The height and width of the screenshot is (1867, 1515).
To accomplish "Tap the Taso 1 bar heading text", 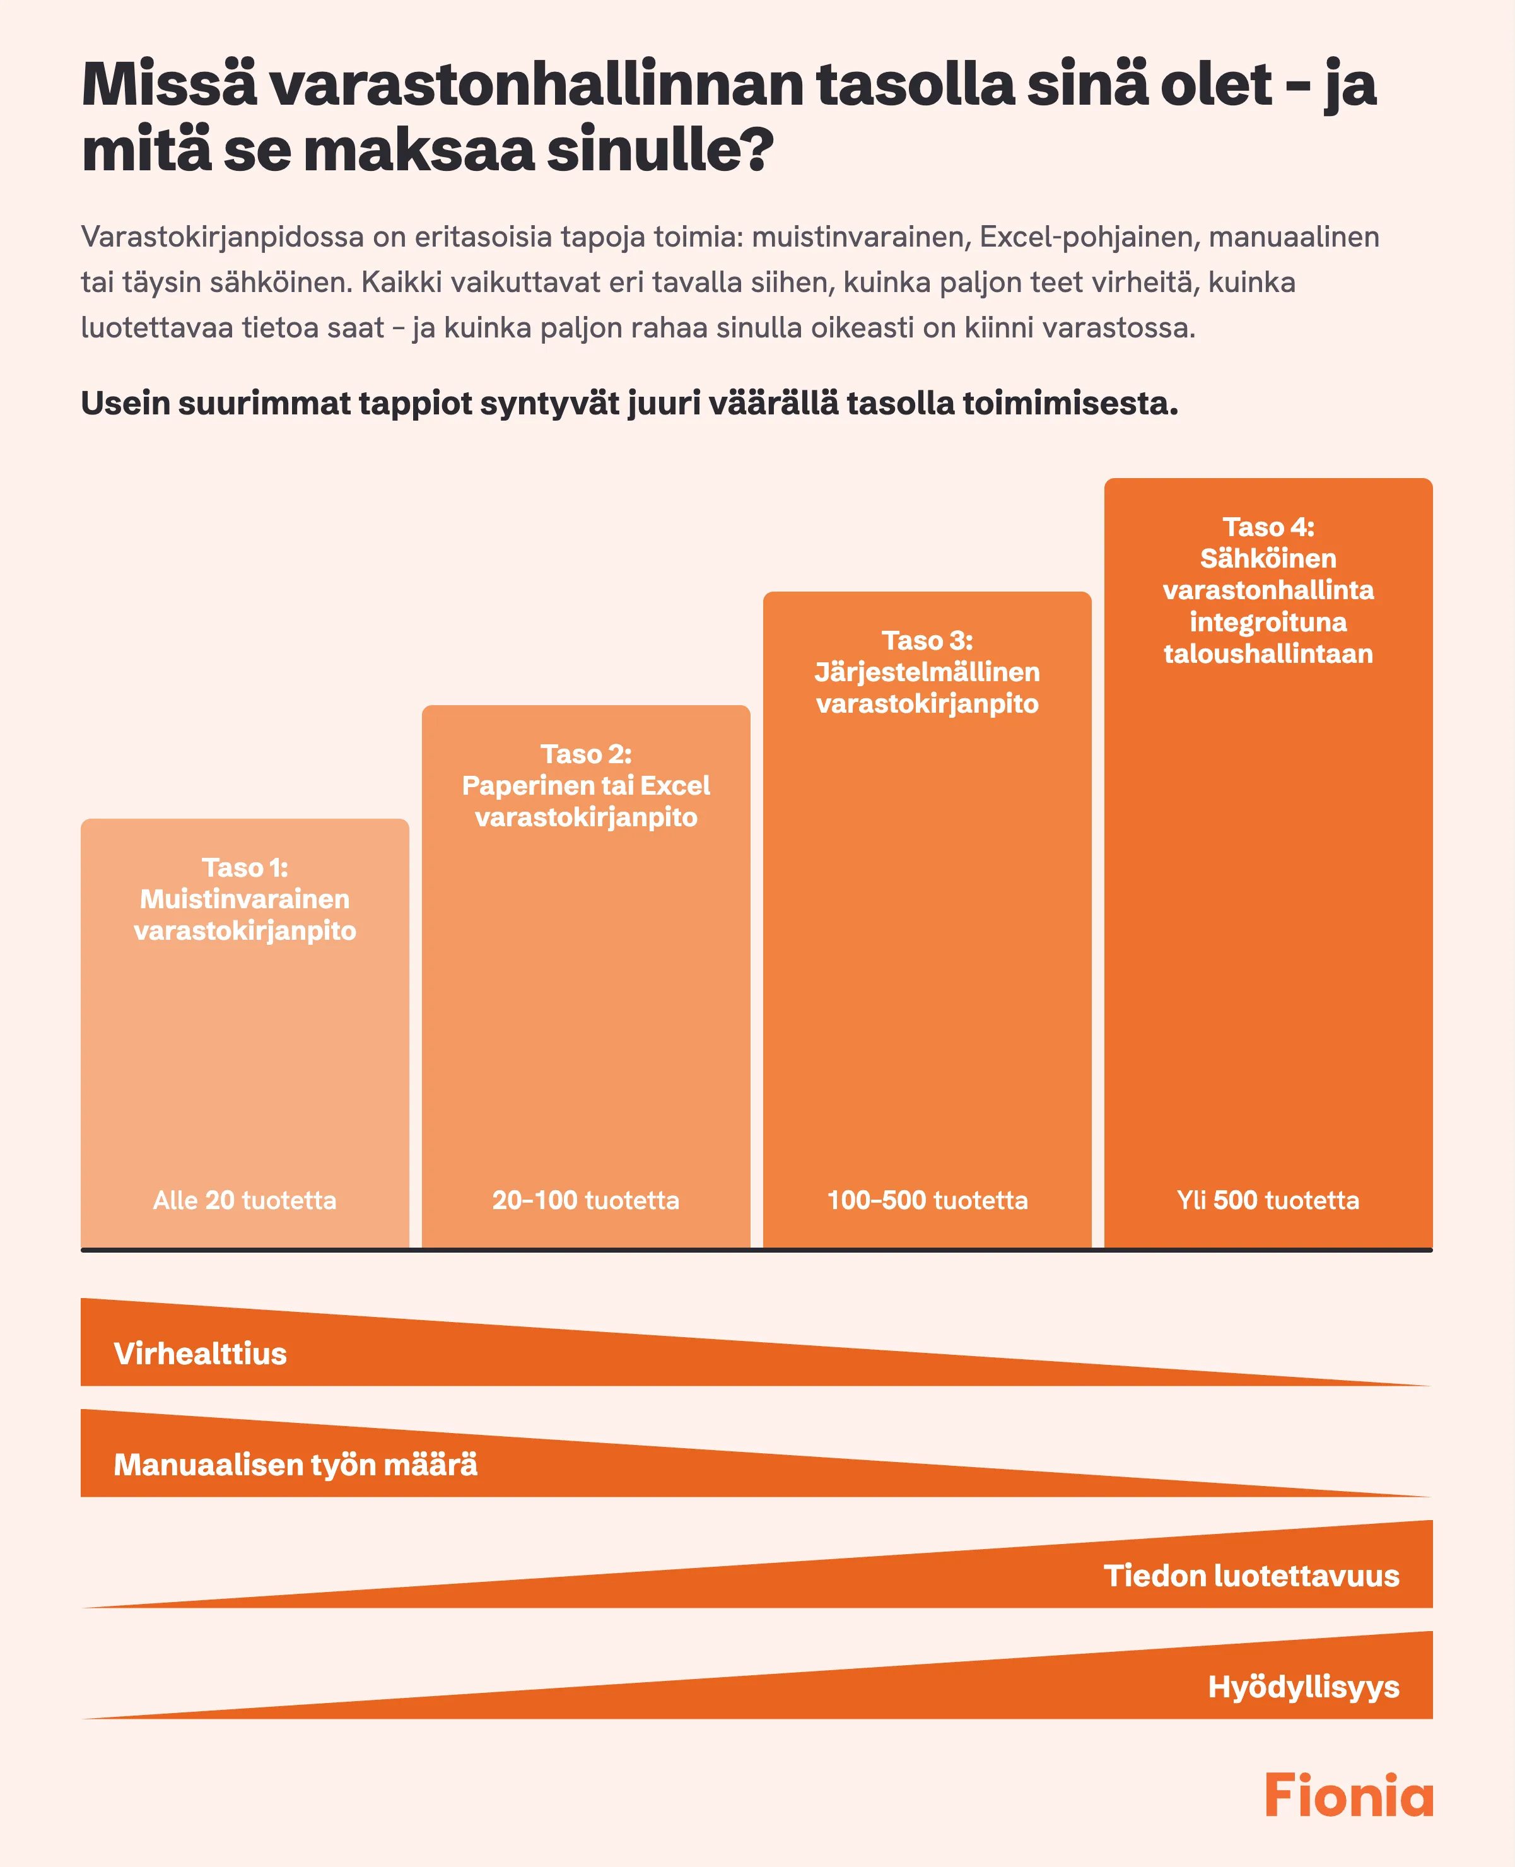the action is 245,899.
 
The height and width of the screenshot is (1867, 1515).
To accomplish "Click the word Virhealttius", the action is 200,1354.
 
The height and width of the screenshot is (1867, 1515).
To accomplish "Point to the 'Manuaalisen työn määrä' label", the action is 296,1465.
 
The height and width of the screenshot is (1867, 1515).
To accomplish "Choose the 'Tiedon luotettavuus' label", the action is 1251,1576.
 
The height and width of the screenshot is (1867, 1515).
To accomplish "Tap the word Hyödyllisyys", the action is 1304,1687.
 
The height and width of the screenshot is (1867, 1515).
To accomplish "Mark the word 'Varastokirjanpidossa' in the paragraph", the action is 223,237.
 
